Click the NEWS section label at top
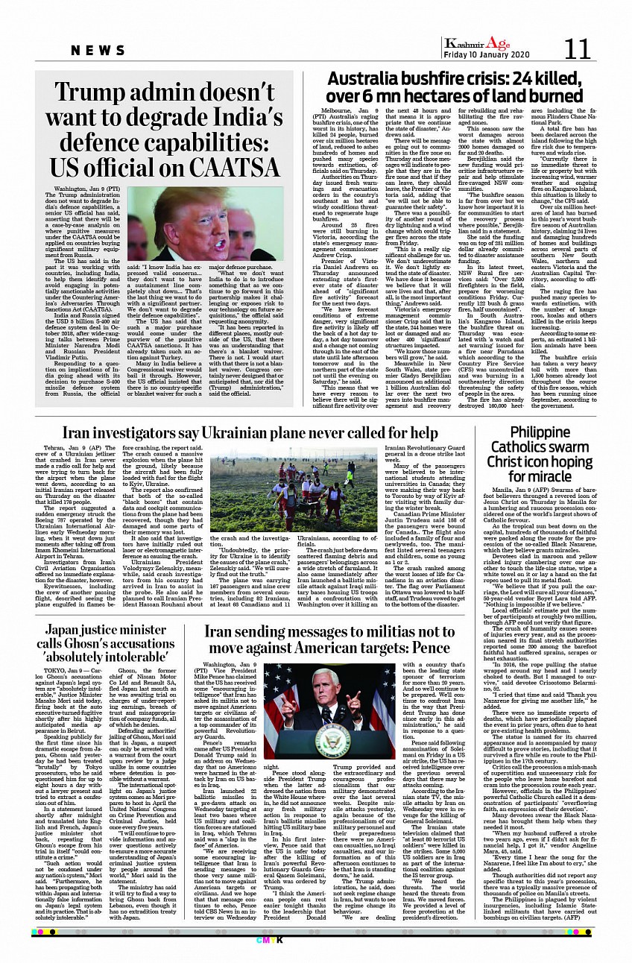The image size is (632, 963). click(x=98, y=50)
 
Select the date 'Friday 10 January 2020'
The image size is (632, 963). click(x=485, y=55)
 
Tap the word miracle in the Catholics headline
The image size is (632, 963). click(x=550, y=476)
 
